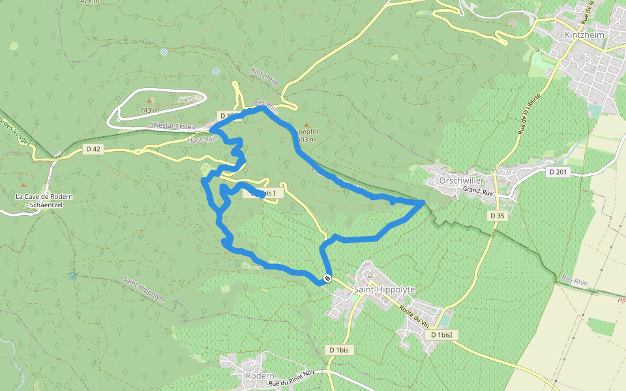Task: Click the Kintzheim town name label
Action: point(585,35)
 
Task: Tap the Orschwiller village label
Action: point(460,180)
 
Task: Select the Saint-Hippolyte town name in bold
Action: point(384,289)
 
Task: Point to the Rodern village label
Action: point(260,376)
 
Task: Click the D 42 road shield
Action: point(93,149)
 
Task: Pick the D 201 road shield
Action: point(558,172)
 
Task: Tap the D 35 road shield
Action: point(497,215)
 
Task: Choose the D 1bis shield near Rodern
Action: point(340,350)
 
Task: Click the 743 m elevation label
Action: point(149,111)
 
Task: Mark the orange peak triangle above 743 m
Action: point(150,100)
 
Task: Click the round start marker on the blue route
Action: point(327,278)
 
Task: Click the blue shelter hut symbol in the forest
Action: point(72,275)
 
